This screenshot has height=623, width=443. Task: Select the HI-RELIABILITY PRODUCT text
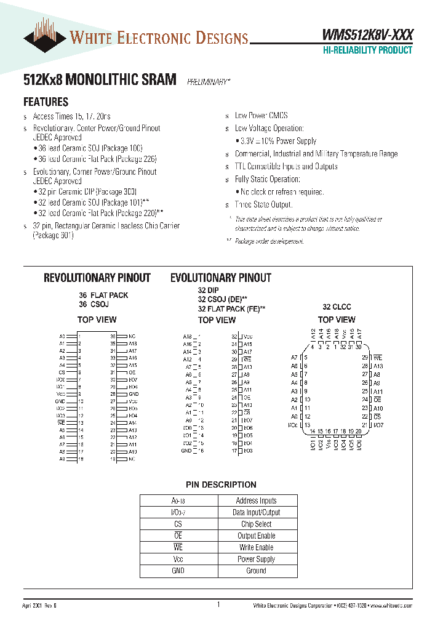(367, 50)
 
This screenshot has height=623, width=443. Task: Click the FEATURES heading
(46, 102)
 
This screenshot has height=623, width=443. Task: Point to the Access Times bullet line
(71, 116)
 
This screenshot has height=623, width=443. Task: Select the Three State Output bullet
(263, 204)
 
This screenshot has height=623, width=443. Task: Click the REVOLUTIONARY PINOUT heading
(97, 278)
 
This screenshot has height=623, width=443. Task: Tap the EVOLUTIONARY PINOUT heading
(221, 278)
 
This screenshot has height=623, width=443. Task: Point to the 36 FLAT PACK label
(103, 295)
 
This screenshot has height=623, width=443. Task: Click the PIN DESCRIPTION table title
(221, 484)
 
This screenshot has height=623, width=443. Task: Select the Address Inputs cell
(256, 501)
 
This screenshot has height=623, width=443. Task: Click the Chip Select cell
(256, 525)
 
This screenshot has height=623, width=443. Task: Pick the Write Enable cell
(256, 547)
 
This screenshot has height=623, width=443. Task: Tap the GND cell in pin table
(178, 571)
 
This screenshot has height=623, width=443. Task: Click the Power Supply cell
(256, 559)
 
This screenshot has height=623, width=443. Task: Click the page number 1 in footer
(218, 605)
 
